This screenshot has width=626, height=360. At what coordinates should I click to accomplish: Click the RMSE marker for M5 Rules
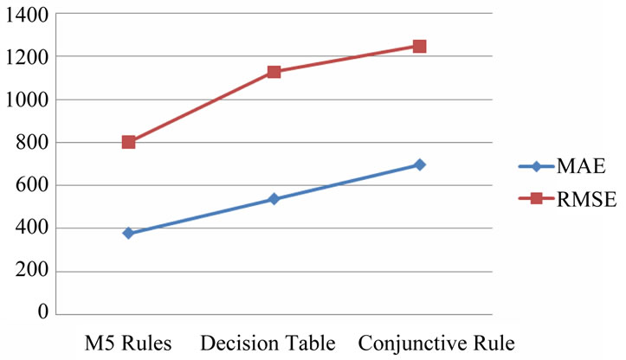point(128,141)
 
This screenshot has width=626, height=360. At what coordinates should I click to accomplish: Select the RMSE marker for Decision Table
point(274,72)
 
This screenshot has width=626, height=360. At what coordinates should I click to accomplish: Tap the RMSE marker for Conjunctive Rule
point(419,46)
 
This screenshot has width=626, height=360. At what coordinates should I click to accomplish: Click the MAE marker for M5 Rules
point(128,234)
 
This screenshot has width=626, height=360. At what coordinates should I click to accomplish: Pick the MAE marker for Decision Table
point(274,199)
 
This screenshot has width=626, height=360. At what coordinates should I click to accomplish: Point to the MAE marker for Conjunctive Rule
point(419,164)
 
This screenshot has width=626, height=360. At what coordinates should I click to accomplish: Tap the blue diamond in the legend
point(535,166)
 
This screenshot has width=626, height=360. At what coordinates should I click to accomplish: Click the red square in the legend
point(535,199)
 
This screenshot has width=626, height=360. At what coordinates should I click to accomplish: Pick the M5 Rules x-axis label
point(127,343)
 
